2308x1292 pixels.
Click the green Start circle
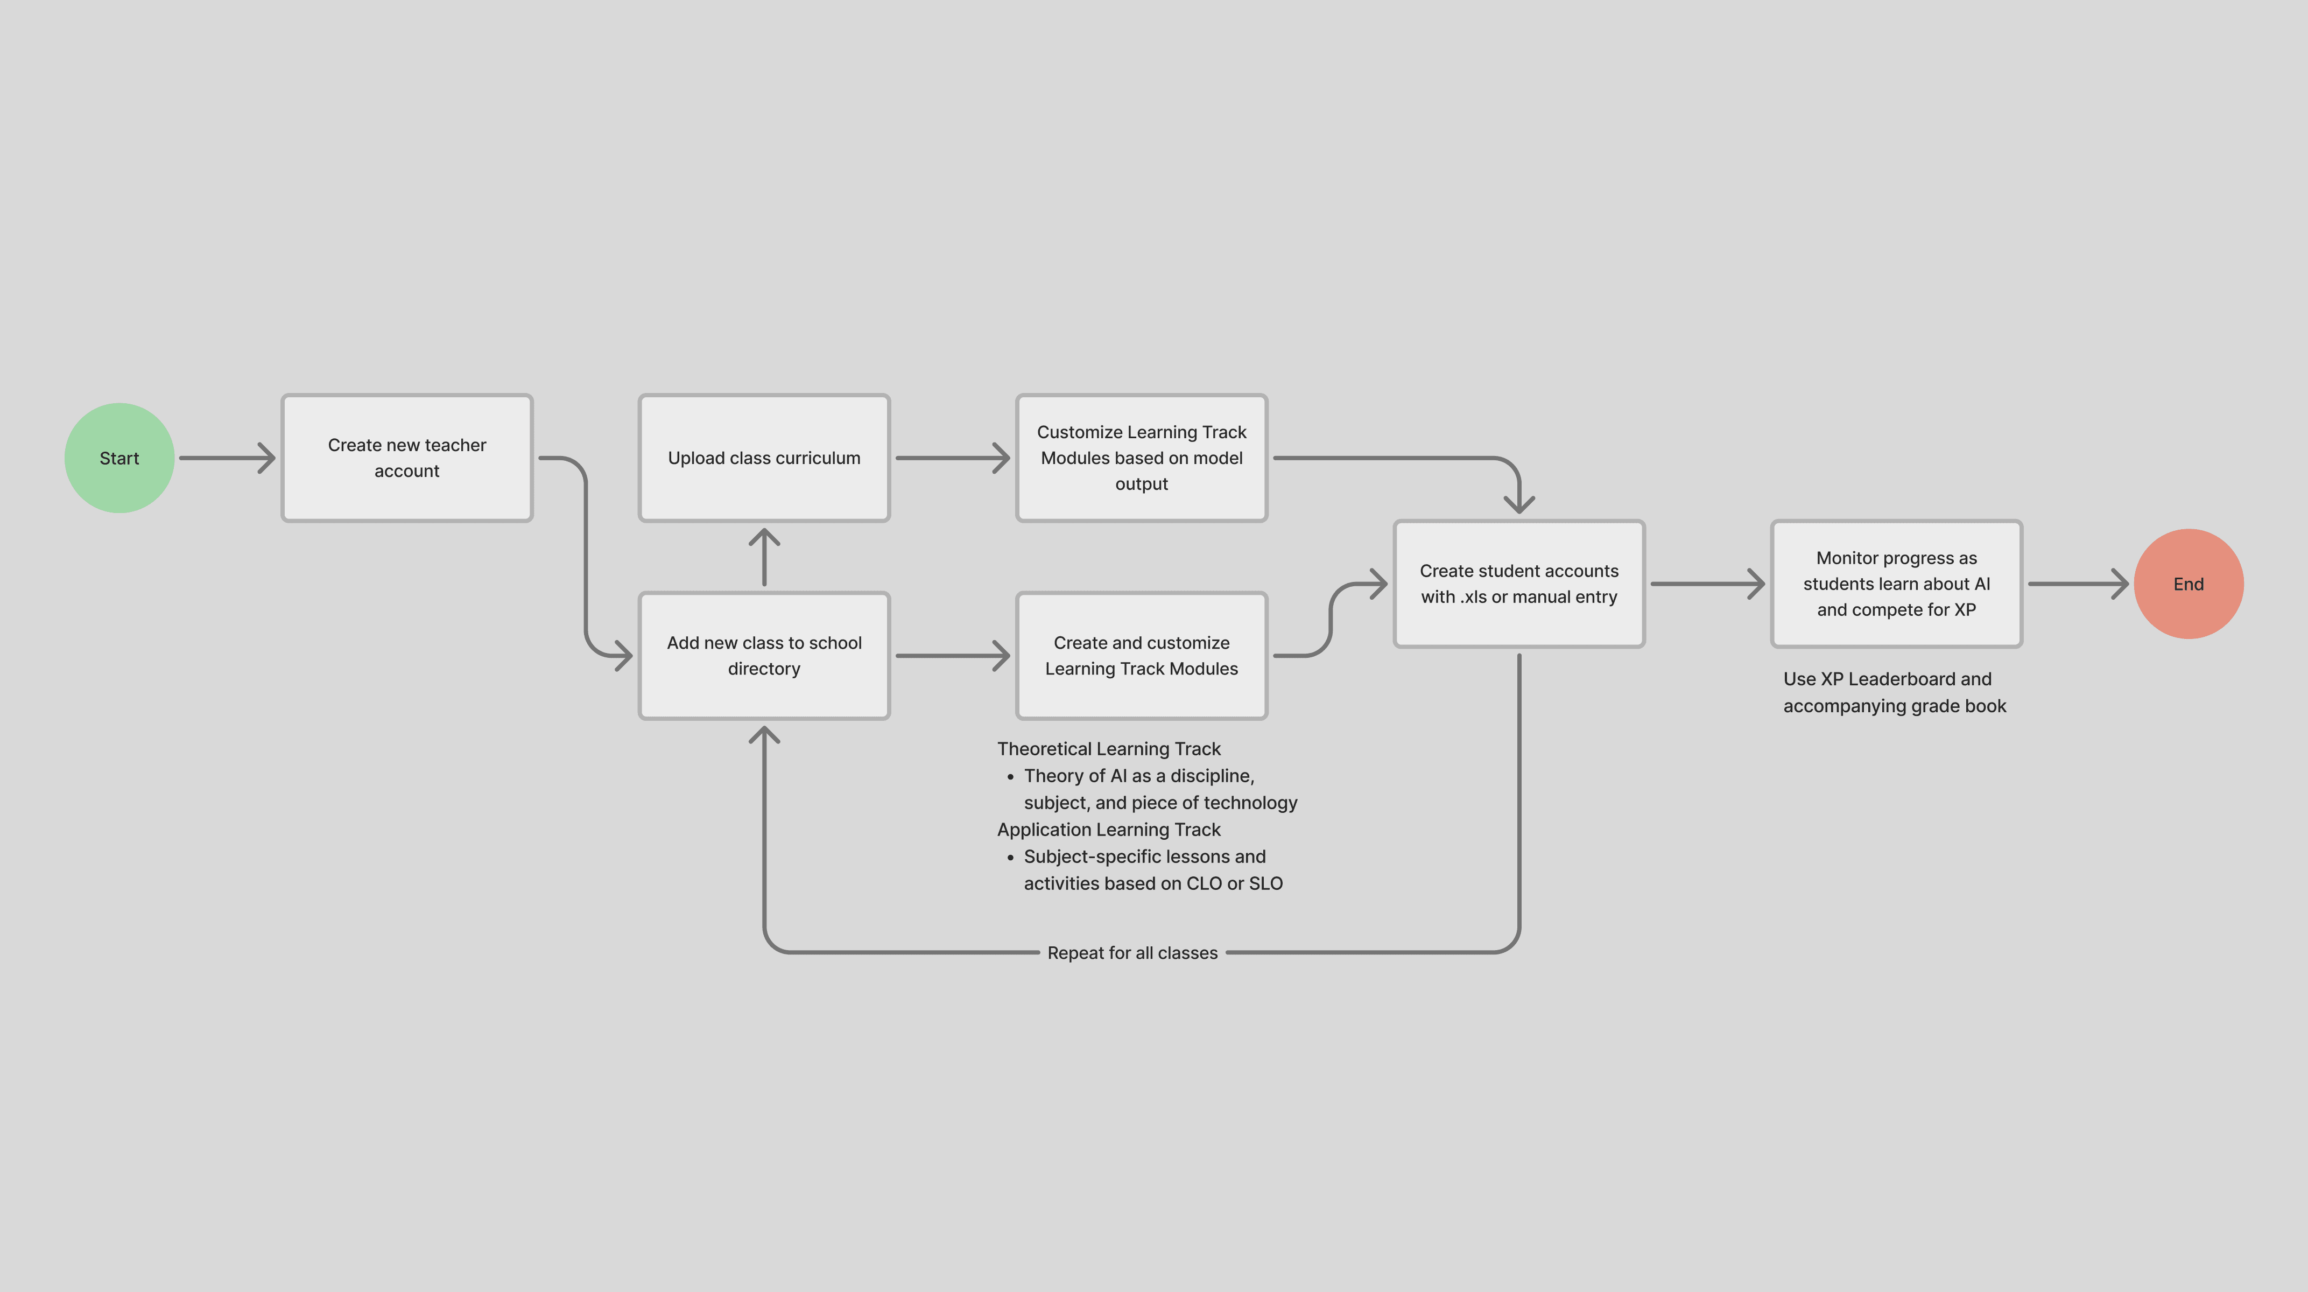coord(119,458)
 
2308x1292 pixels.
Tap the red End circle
coord(2188,584)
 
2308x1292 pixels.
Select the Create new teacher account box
coord(407,458)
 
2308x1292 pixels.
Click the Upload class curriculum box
coord(763,458)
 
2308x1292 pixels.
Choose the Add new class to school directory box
coord(763,656)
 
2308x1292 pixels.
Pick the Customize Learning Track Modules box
coord(1142,458)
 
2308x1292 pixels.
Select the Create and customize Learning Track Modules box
coord(1142,656)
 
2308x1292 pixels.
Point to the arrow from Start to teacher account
coord(228,458)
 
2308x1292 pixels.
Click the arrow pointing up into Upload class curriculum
coord(763,557)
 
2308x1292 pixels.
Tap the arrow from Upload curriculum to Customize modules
coord(952,458)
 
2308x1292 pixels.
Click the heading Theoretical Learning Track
coord(1108,749)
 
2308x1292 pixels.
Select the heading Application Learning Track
coord(1108,830)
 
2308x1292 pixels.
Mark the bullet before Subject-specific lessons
coord(1011,858)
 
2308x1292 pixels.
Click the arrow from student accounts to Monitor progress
coord(1707,584)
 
